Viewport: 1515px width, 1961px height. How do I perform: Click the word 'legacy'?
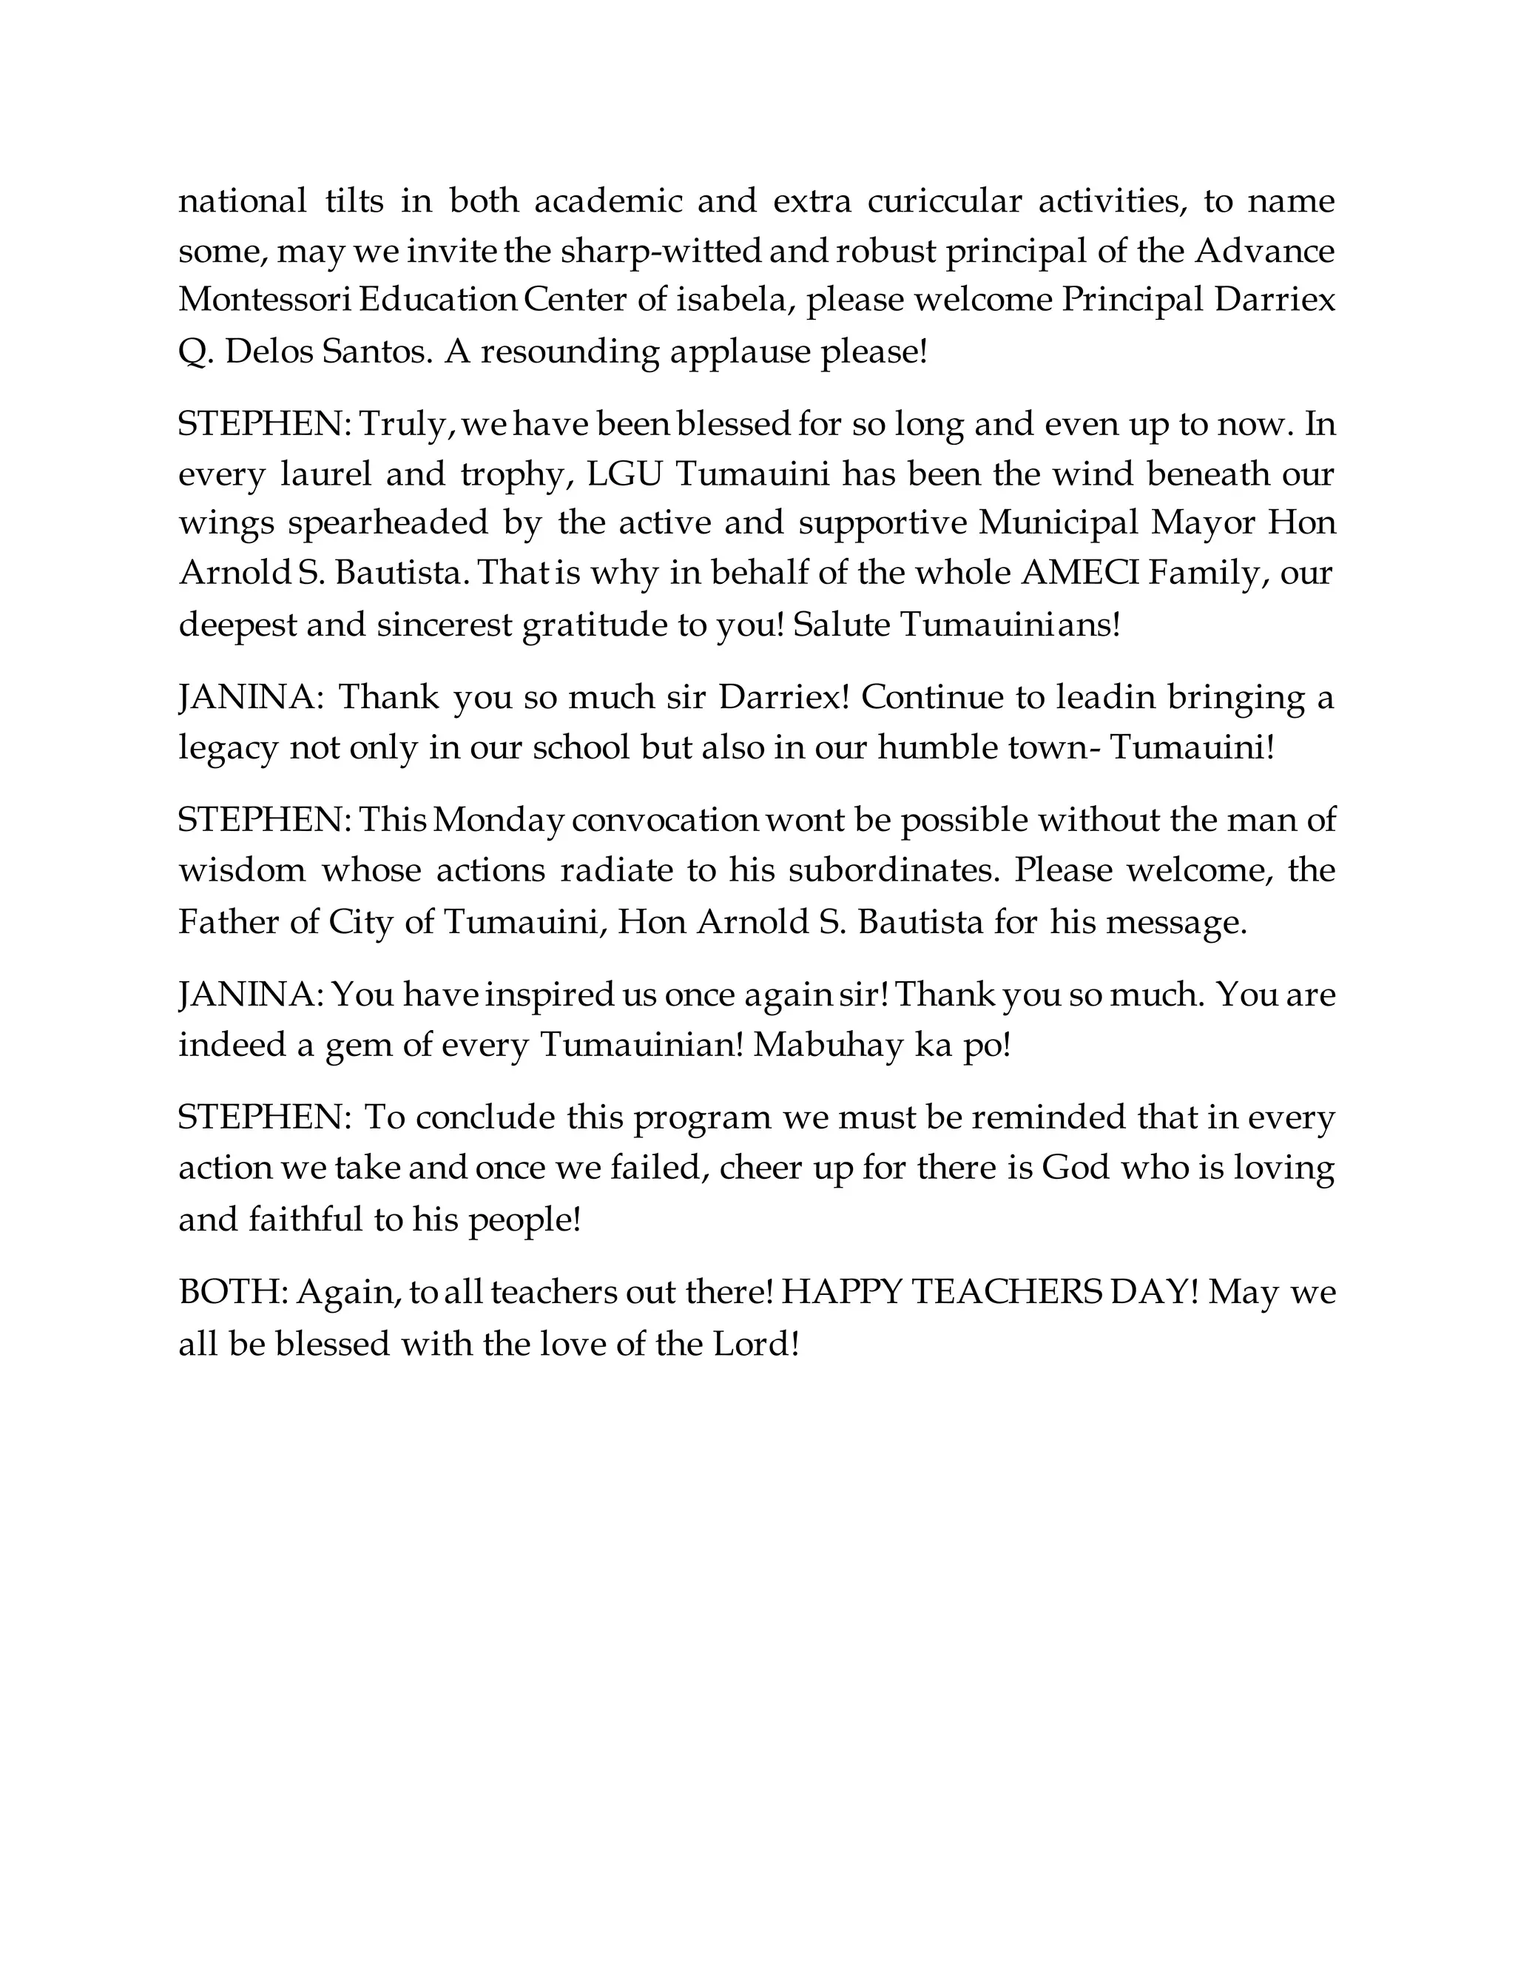(x=228, y=748)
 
